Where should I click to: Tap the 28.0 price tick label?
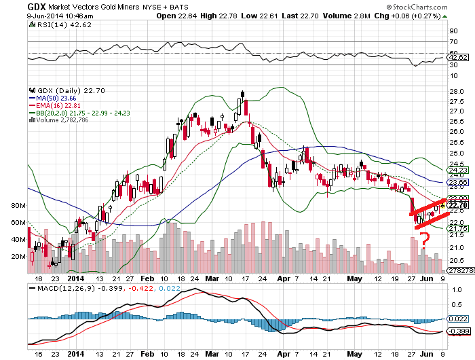[x=455, y=90]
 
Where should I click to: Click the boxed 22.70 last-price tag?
[x=457, y=204]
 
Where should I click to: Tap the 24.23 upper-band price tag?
[x=457, y=170]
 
